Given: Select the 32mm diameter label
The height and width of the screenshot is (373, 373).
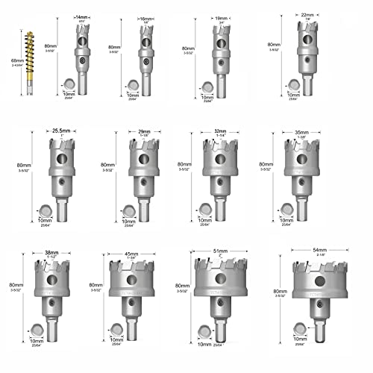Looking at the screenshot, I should point(219,130).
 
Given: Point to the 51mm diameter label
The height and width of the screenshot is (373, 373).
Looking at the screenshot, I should point(220,251).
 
